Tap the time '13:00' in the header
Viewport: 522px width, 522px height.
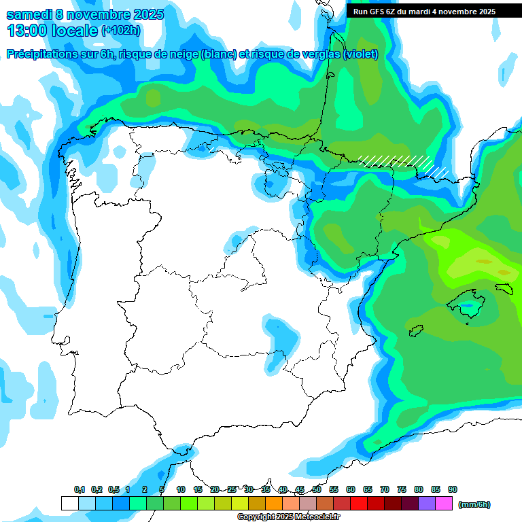coord(27,31)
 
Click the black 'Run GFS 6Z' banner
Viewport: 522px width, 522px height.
coord(423,11)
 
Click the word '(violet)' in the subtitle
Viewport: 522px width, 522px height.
coord(360,54)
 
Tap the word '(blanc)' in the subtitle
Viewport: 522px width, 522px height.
coord(219,54)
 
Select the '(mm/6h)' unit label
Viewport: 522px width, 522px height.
coord(474,504)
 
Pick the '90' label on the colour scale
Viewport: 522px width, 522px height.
coord(453,489)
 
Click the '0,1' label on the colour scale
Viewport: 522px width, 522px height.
coord(80,489)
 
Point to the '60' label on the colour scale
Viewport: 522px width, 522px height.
coord(351,489)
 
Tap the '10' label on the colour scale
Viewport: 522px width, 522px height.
coord(181,489)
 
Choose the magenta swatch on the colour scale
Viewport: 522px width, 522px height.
coord(444,503)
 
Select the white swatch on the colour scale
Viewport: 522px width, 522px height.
coord(69,503)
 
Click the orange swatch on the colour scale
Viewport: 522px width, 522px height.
coord(273,503)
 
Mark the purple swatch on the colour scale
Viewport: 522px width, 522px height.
coord(427,503)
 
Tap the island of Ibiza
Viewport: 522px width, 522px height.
coord(416,331)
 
